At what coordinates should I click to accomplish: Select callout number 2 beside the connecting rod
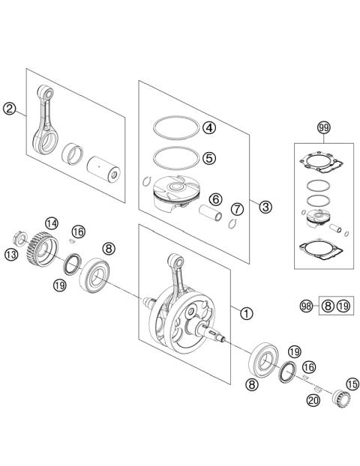9,109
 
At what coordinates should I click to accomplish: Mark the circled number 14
52,223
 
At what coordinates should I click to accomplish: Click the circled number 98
305,305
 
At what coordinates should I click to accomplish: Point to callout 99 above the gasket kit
323,128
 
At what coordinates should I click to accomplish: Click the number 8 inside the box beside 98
327,305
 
